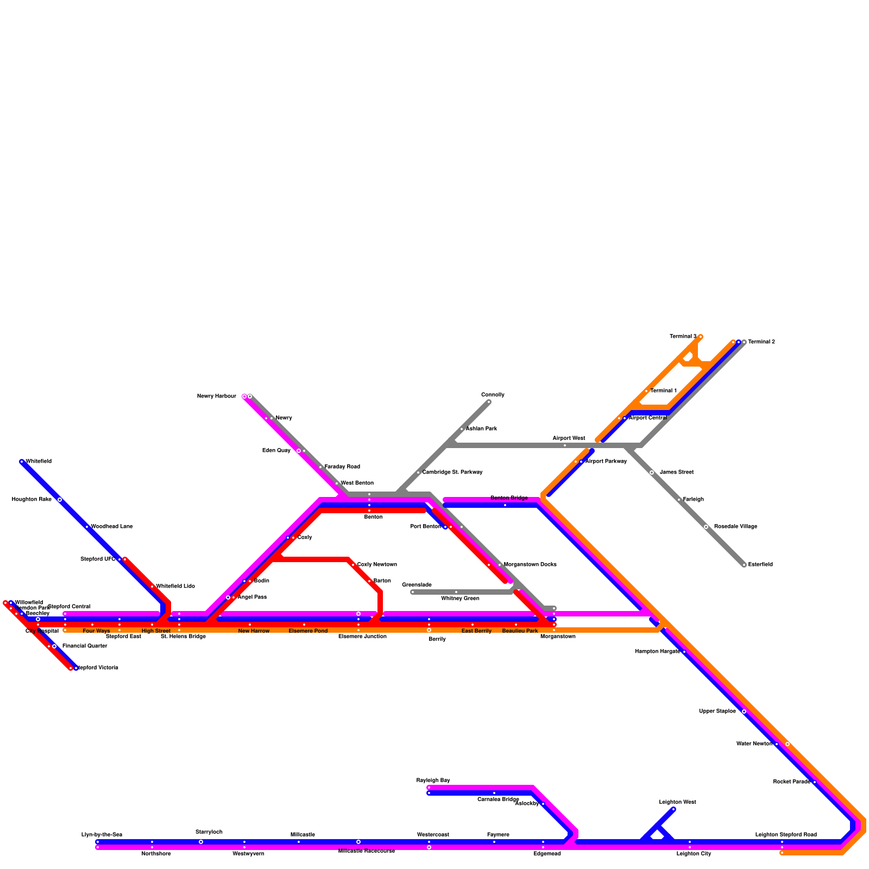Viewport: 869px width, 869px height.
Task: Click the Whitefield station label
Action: (x=39, y=462)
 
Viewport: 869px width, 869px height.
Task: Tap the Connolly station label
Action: (x=493, y=395)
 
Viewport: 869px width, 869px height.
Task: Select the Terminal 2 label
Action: (x=761, y=342)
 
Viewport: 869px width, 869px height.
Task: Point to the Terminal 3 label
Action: (x=683, y=337)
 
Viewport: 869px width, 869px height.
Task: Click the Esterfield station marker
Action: (x=744, y=565)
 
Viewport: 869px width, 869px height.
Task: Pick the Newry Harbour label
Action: (x=216, y=396)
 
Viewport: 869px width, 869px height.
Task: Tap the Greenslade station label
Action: (x=417, y=585)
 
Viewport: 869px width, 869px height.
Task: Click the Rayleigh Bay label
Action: (x=433, y=780)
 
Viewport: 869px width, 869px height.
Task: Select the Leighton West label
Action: (x=677, y=802)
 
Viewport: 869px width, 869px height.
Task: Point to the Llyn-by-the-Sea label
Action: (x=102, y=835)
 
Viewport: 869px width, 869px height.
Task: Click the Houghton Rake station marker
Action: (x=60, y=500)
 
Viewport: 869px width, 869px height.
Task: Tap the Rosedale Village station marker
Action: (x=706, y=527)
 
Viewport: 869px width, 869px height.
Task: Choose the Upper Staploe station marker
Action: (x=744, y=711)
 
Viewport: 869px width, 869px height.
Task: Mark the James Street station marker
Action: (x=652, y=473)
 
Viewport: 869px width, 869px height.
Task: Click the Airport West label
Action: (x=569, y=438)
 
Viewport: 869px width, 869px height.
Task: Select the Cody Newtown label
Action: (x=377, y=565)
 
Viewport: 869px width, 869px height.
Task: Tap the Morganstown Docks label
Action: (x=530, y=565)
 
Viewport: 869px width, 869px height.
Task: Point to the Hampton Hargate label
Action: (x=657, y=652)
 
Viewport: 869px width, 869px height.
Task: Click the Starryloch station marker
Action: (x=201, y=842)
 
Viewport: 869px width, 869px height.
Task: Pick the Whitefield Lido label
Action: (x=175, y=587)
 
